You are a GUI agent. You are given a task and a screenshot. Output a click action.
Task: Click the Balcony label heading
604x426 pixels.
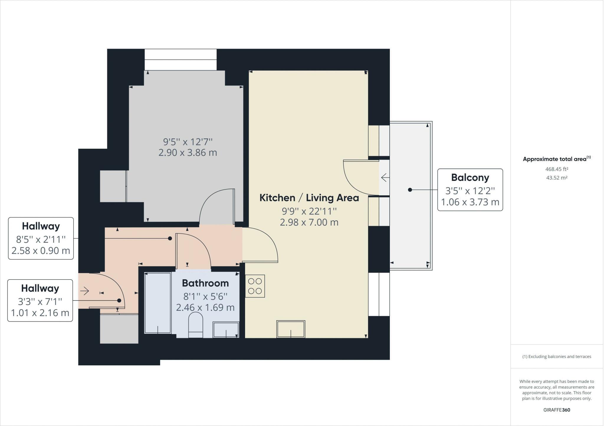click(x=470, y=177)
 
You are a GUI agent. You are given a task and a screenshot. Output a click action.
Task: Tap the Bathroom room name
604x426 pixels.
click(x=205, y=283)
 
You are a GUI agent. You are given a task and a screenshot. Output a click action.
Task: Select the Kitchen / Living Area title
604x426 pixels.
click(x=309, y=198)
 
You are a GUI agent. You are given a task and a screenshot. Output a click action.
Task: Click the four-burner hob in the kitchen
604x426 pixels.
click(x=255, y=286)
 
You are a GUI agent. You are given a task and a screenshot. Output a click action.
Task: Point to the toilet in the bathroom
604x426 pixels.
click(x=196, y=325)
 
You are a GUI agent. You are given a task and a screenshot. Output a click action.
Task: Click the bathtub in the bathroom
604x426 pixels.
click(x=158, y=303)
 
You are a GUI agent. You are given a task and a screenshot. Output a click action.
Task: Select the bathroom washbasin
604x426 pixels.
click(x=226, y=330)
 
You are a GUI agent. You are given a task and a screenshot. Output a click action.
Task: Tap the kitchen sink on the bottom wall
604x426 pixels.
click(x=291, y=329)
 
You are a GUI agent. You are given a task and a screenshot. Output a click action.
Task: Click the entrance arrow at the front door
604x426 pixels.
click(x=85, y=291)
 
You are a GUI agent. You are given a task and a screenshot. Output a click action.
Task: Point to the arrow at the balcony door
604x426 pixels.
click(x=385, y=178)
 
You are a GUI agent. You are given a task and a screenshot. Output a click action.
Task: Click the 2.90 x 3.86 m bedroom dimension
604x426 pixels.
click(x=188, y=153)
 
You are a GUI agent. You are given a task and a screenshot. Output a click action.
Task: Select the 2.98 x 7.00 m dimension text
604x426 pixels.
click(x=309, y=222)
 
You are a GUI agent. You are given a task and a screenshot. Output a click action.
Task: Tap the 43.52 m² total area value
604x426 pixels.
click(x=557, y=178)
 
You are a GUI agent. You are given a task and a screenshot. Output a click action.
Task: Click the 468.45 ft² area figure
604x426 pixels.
click(x=557, y=169)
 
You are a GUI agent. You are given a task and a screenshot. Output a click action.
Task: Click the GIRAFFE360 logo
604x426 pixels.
click(x=557, y=410)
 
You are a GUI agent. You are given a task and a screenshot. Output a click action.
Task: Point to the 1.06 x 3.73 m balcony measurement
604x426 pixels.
click(x=470, y=202)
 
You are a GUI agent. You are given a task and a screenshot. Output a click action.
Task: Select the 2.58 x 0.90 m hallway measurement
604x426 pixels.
click(x=41, y=251)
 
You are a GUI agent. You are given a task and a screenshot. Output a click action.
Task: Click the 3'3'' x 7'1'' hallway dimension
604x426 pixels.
click(x=40, y=301)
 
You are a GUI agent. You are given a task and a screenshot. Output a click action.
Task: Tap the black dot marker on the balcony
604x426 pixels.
click(x=410, y=190)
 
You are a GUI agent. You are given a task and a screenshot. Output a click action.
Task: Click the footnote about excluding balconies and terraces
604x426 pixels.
click(x=557, y=356)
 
